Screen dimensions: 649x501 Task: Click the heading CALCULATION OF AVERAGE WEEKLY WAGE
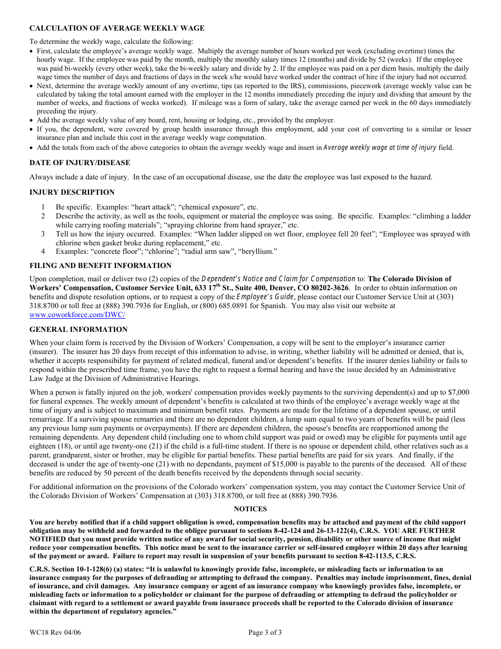pos(117,28)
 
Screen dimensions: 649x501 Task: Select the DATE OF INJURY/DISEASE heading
pos(80,163)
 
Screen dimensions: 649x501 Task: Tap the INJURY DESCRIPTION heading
pos(72,192)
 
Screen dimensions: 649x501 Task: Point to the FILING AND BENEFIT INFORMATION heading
pos(100,265)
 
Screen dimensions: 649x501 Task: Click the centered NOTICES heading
pos(250,509)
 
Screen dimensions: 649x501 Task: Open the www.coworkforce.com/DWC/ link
pos(77,314)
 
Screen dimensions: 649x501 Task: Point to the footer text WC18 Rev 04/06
pos(55,632)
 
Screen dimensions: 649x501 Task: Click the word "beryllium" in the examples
pos(259,252)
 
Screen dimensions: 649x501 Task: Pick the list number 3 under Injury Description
pos(43,234)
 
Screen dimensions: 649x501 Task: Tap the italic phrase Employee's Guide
pos(271,297)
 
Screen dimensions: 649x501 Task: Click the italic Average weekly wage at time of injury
pos(380,148)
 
